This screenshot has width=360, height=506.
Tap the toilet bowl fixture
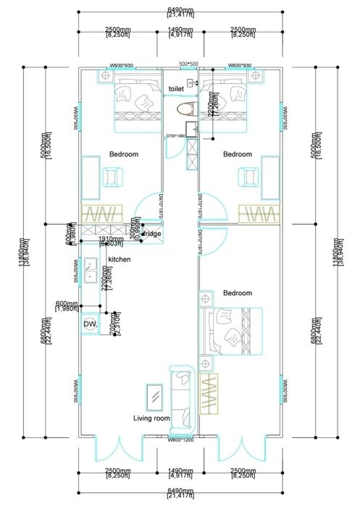pos(186,109)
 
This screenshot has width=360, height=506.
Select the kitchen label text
pos(119,259)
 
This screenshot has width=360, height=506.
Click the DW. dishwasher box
pos(90,325)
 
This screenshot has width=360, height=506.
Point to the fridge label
pos(152,234)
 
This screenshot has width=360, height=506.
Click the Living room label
pos(151,418)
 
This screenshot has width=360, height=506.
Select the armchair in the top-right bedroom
pos(248,177)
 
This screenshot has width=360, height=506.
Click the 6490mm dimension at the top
pos(179,9)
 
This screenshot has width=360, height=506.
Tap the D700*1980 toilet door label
pos(177,135)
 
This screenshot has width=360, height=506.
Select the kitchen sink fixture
pos(90,271)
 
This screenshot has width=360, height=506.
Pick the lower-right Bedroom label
pos(237,293)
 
